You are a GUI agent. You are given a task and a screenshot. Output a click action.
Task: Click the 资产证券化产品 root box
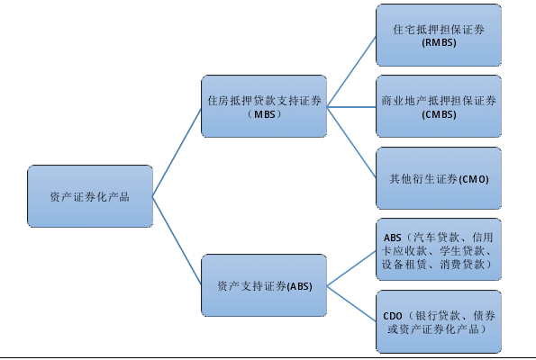coord(90,196)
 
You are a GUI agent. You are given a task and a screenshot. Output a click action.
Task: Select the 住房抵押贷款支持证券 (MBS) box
coord(264,106)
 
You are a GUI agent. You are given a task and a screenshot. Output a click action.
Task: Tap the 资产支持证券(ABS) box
coord(264,285)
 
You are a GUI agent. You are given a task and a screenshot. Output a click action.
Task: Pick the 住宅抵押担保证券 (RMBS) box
coord(439,35)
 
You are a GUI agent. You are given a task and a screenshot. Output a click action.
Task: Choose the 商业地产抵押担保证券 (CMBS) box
coord(439,106)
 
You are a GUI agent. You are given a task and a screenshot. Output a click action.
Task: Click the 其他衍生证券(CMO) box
coord(439,178)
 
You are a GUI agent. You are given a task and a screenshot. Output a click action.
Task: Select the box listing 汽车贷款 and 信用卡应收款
coord(439,249)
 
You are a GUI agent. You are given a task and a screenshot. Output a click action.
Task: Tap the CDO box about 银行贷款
coord(439,321)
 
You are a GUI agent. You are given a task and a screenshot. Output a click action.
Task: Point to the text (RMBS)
coord(439,42)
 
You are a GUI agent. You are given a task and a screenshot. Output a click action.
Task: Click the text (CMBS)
coord(439,114)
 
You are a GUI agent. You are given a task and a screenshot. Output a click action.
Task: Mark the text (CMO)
coord(474,179)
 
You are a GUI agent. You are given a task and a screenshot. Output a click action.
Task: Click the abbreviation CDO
coord(393,316)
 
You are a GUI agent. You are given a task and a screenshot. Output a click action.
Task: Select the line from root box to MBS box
coord(177,152)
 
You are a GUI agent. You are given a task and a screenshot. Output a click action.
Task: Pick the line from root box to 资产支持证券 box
coord(177,240)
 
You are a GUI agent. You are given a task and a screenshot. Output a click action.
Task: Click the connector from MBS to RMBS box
coord(351,72)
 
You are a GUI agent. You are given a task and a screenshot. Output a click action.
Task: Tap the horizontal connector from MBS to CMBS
coord(351,107)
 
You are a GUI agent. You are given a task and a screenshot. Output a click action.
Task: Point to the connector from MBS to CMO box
coord(351,142)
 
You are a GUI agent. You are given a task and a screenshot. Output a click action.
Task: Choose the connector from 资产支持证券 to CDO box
coord(351,303)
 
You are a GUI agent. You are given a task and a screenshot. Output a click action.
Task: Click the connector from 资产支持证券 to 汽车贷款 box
coord(351,268)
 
